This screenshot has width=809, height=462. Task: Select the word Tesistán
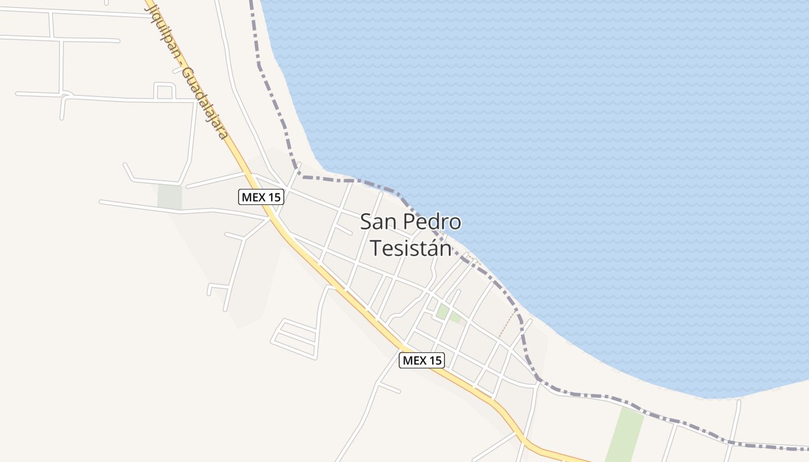coord(410,248)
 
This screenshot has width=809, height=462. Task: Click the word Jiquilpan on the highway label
coord(164,28)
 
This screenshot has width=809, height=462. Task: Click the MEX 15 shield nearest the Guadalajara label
coord(261,197)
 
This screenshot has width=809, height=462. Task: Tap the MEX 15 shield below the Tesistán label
coord(422,360)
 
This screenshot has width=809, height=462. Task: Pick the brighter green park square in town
coord(443,312)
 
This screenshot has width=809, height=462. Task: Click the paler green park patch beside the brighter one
coord(455,317)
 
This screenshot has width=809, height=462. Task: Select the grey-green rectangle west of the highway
coord(169,197)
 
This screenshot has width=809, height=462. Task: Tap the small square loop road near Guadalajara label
coord(165,91)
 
